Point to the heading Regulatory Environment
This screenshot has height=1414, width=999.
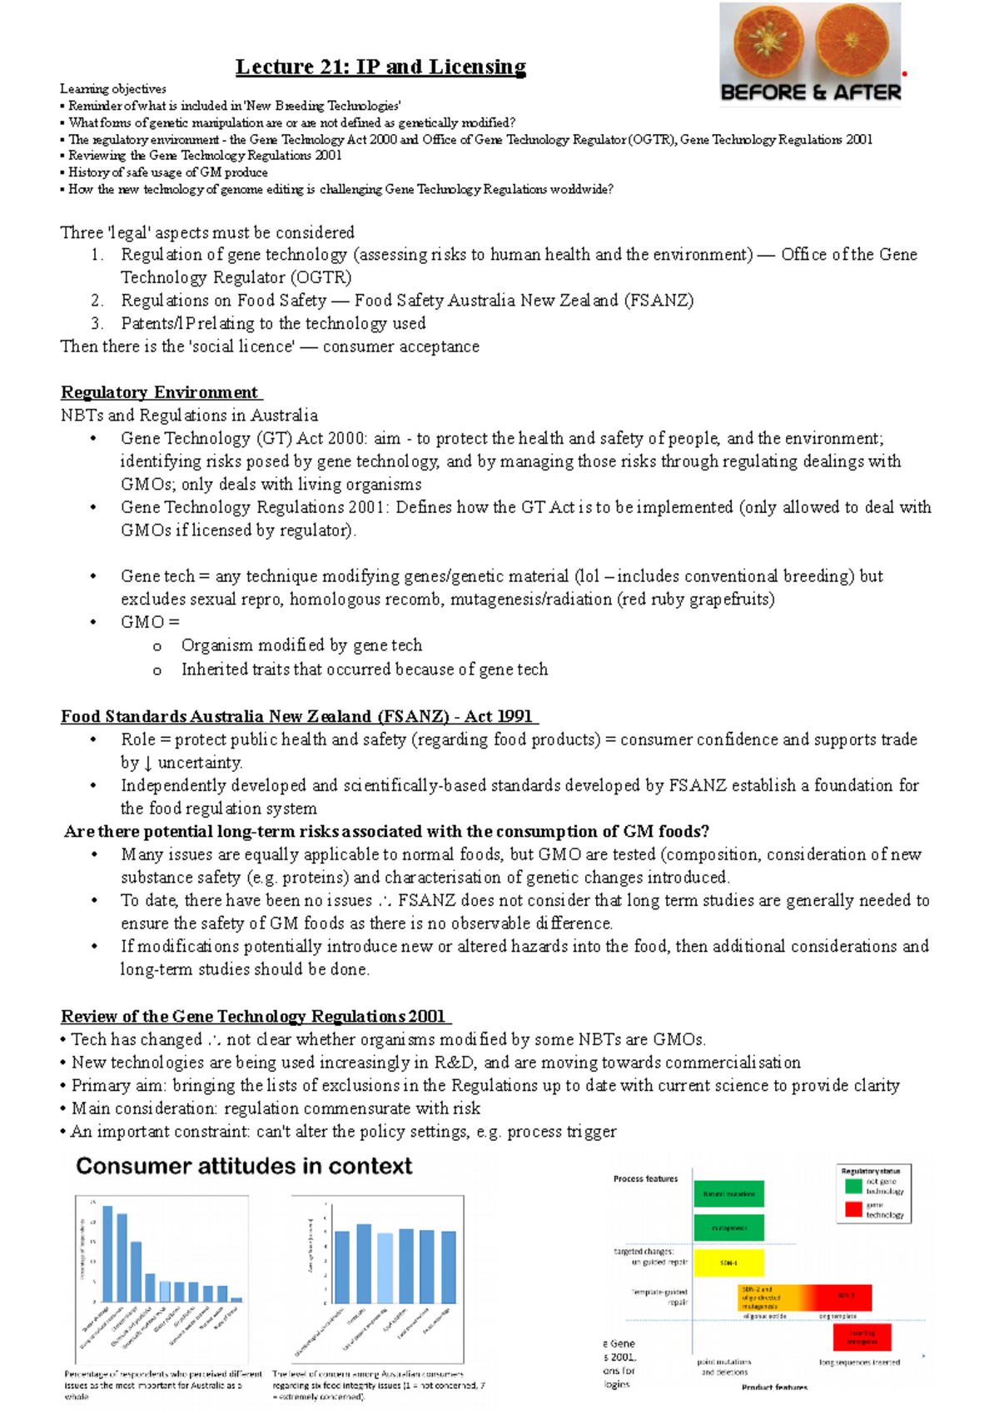(161, 392)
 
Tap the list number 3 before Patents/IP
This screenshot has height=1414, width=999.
(97, 323)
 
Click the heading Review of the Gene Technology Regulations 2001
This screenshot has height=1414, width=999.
(255, 1016)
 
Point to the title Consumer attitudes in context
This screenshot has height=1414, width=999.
(244, 1166)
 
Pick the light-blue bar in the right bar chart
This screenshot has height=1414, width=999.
(385, 1267)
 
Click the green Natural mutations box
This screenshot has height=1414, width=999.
(728, 1193)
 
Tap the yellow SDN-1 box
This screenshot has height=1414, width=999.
(728, 1262)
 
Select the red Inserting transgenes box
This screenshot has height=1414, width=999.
(862, 1337)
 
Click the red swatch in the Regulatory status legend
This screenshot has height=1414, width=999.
(853, 1209)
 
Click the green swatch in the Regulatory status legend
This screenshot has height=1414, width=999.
(853, 1186)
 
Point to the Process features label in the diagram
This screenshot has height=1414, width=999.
(645, 1178)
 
